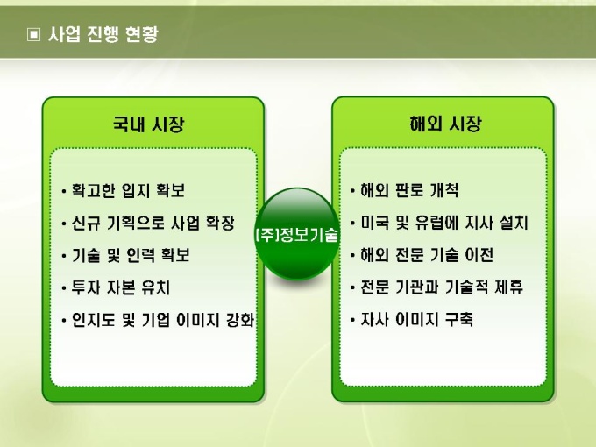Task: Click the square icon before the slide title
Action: click(33, 34)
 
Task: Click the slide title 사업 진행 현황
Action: click(103, 34)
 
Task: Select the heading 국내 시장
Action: click(149, 124)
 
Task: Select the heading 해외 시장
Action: click(445, 124)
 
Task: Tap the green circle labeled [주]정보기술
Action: click(296, 234)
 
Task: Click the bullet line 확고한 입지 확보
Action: click(128, 190)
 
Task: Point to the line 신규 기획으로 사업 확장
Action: click(153, 223)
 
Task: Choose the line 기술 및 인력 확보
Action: click(131, 255)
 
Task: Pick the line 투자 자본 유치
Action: click(120, 287)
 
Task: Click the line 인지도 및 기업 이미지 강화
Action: click(163, 320)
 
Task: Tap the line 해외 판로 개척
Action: click(409, 190)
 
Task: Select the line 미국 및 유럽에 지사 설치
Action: click(444, 223)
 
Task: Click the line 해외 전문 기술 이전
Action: click(427, 255)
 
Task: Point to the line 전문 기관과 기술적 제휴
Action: click(442, 287)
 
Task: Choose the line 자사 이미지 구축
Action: click(417, 319)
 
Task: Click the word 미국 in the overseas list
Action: click(375, 223)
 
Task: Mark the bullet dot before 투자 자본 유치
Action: click(63, 288)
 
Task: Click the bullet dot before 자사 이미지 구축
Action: click(352, 320)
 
